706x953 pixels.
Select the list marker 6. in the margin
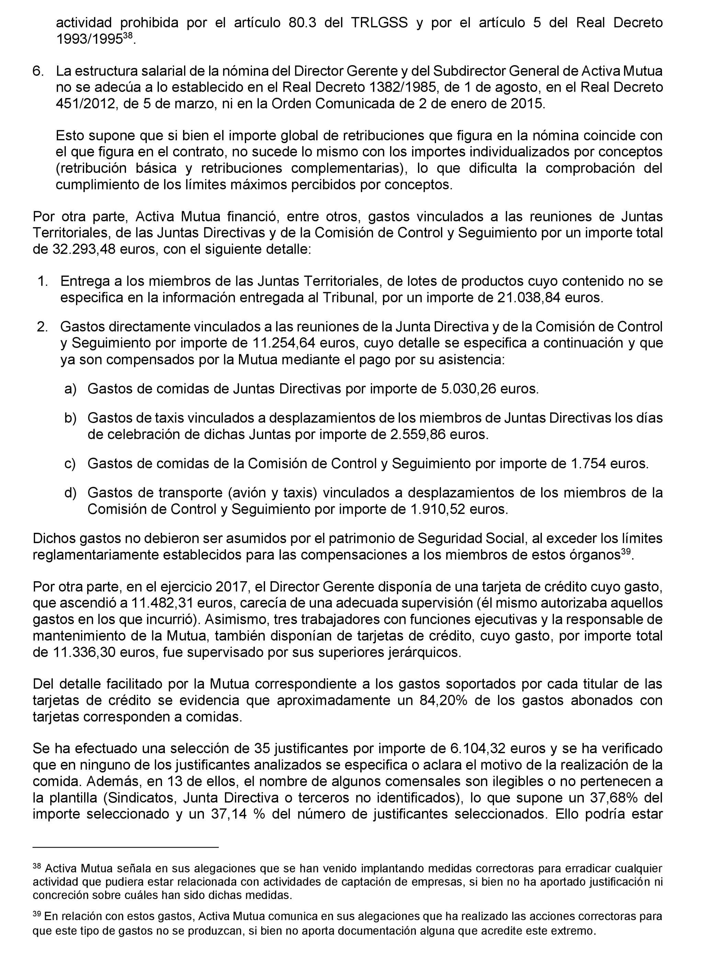point(38,71)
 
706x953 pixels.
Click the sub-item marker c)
point(70,464)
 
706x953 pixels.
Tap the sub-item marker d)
point(70,493)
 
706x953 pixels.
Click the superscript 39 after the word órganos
point(626,552)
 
